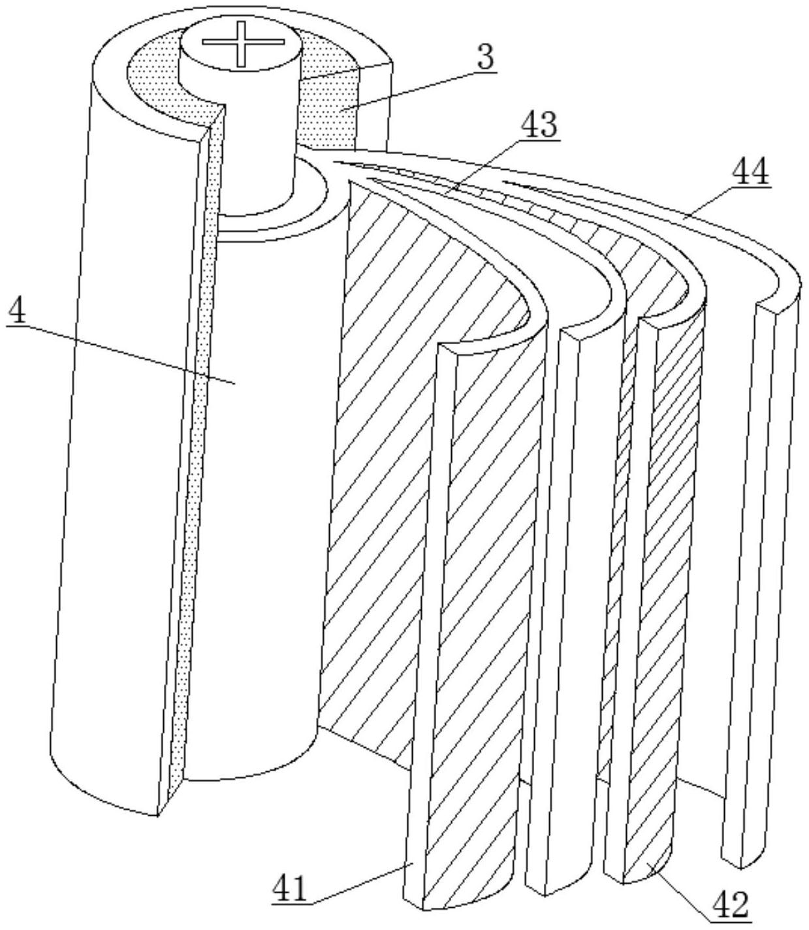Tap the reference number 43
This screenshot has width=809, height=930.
[539, 124]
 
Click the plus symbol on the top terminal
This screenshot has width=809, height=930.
[242, 43]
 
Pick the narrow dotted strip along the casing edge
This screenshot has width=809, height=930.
[196, 457]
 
